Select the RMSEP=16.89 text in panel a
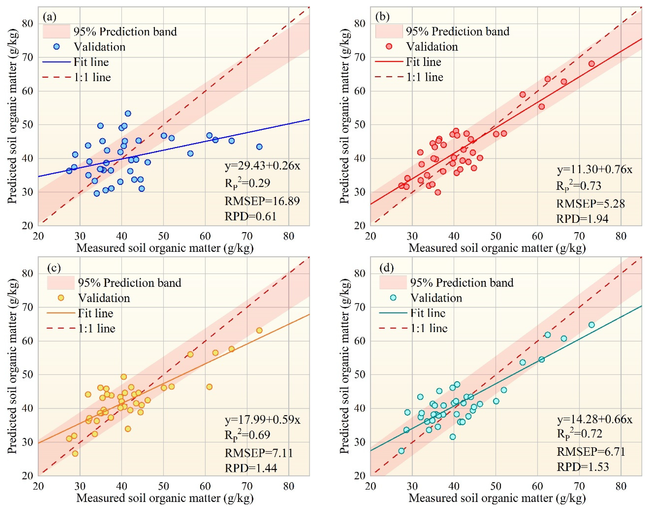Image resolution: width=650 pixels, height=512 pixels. point(262,201)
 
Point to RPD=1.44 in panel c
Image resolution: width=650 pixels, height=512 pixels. point(251,468)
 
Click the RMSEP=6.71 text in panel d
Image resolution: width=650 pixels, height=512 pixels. point(590,451)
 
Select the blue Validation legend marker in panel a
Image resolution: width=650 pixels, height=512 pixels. point(56,47)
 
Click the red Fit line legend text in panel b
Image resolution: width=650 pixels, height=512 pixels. point(423,62)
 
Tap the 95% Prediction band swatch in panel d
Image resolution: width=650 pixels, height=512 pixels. point(393,282)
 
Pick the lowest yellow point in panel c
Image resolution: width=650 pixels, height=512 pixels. point(75,453)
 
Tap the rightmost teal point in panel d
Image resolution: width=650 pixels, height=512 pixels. point(591,325)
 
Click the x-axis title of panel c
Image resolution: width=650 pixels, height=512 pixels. point(165,498)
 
